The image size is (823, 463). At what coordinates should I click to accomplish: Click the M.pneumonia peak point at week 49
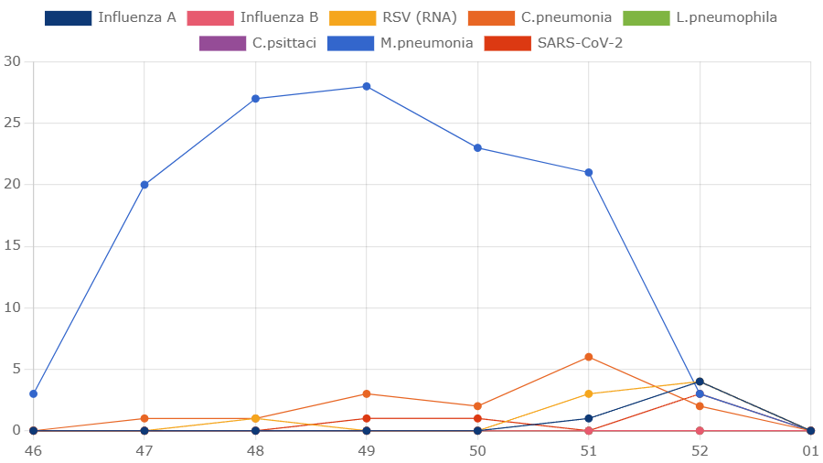coord(367,87)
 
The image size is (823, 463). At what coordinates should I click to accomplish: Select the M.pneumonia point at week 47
coord(144,185)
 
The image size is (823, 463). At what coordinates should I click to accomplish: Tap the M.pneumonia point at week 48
coord(256,99)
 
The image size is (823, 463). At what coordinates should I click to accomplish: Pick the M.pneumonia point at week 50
coord(477,148)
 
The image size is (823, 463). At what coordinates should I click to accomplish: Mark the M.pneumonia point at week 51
coord(589,173)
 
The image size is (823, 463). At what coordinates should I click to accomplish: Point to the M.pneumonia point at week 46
coord(34,393)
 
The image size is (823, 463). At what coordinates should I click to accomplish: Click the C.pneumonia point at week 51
coord(589,357)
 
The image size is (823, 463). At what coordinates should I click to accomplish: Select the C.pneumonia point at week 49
coord(367,393)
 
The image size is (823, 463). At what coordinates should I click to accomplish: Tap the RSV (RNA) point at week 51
coord(589,393)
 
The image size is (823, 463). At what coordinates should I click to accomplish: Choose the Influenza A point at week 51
coord(589,418)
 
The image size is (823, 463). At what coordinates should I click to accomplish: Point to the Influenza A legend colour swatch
coord(69,17)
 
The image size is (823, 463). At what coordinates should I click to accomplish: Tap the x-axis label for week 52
coord(700,451)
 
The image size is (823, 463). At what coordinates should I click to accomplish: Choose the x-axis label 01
coord(810,451)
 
